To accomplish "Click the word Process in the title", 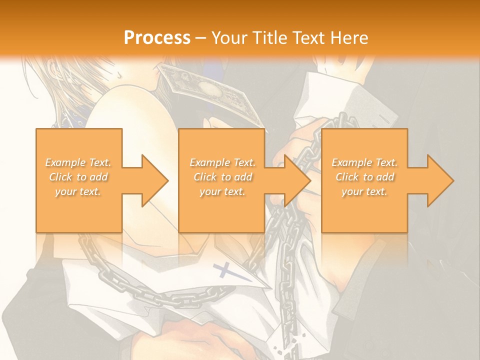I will [x=157, y=37].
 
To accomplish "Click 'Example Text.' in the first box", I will [x=78, y=162].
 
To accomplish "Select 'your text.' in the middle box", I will [x=222, y=191].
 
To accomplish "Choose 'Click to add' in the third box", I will [x=365, y=177].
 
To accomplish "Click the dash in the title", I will [x=200, y=37].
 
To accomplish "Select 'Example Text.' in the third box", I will [x=364, y=162].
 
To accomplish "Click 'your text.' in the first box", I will [x=78, y=191].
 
